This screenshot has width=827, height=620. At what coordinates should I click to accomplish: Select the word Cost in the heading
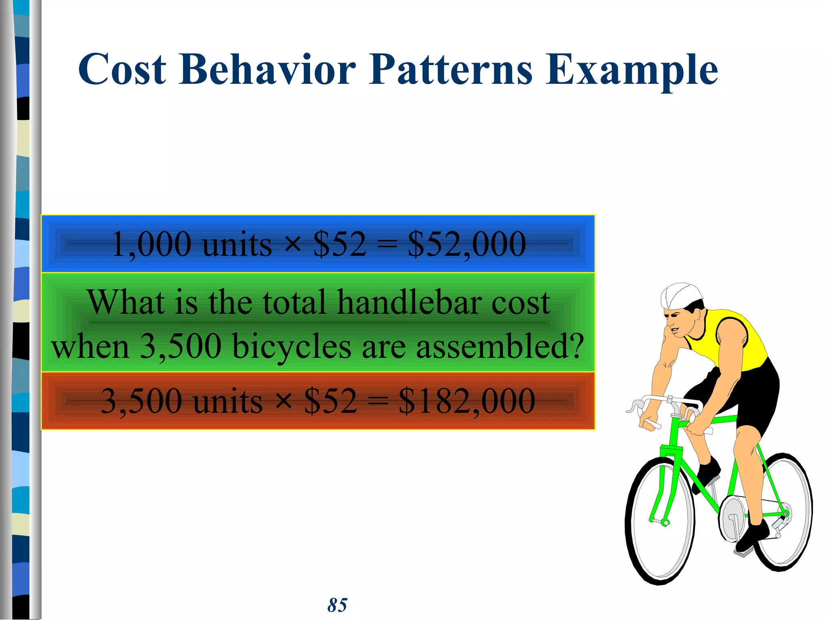coord(122,69)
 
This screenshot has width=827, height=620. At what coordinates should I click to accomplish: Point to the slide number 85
coord(337,605)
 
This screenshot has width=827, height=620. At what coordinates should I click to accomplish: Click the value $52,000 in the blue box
coord(467,244)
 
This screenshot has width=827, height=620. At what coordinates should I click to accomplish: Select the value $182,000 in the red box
coord(467,401)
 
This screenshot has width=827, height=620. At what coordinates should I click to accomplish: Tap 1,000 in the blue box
coord(151,244)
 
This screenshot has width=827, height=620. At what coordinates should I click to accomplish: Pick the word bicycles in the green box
coord(292,346)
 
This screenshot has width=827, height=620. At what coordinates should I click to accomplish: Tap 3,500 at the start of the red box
coord(141,401)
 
